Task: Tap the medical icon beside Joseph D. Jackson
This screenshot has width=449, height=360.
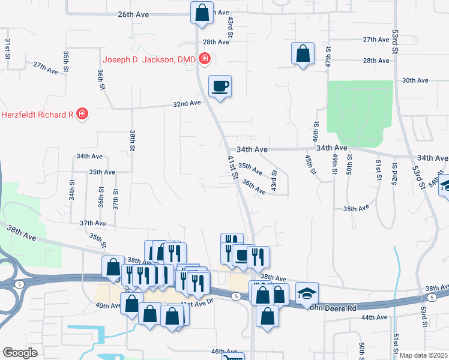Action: (x=205, y=59)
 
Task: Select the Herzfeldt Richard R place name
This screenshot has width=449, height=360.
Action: (x=37, y=114)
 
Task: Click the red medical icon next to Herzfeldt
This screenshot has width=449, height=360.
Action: (x=82, y=114)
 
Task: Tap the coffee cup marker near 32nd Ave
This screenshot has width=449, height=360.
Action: (x=220, y=86)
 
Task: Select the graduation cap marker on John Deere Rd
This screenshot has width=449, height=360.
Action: (x=307, y=293)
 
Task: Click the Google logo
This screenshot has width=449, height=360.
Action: (x=20, y=352)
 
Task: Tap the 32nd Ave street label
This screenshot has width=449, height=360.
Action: (x=187, y=103)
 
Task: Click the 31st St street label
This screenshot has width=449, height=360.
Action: (x=8, y=45)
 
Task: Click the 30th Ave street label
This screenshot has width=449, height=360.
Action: (x=415, y=80)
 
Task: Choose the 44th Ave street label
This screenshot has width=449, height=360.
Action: (x=374, y=317)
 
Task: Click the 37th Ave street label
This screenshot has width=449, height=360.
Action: (x=92, y=223)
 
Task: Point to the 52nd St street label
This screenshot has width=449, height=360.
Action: (x=394, y=173)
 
